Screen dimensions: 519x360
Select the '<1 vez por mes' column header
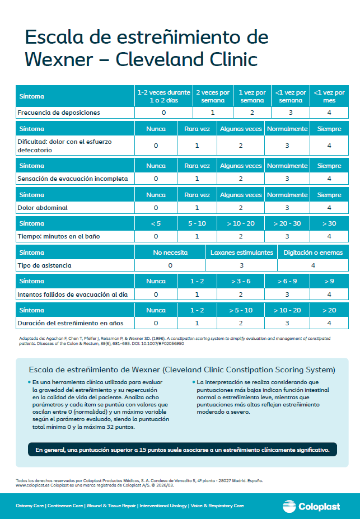[329, 96]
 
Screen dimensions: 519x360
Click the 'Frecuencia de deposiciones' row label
[59, 113]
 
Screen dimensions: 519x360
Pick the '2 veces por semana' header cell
[212, 96]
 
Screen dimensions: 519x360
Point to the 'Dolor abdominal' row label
[43, 208]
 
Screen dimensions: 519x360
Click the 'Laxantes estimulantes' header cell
[242, 253]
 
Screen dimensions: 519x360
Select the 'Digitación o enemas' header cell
[313, 253]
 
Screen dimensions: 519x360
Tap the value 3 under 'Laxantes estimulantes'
[242, 265]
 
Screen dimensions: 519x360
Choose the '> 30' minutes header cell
[329, 223]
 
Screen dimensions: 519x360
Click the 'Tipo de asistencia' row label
[45, 265]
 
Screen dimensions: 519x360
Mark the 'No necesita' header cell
[170, 253]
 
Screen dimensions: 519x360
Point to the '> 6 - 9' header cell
[287, 280]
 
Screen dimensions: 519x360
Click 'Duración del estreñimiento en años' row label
[70, 322]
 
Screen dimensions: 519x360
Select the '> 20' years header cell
[329, 310]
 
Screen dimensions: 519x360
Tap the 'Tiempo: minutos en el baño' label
[59, 236]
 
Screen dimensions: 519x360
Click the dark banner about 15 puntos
[183, 450]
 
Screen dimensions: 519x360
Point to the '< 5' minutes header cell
[156, 223]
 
